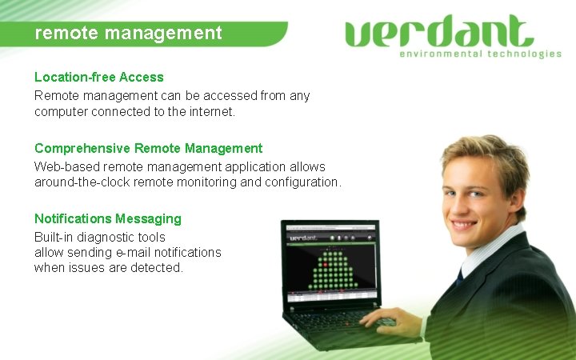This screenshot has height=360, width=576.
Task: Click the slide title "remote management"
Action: (x=128, y=34)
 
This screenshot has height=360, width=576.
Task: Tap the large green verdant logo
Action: (x=439, y=32)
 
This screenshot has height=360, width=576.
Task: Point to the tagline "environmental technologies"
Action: (x=480, y=54)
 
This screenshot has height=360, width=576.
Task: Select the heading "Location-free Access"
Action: (x=98, y=77)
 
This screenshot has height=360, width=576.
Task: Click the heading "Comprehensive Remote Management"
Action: (x=148, y=148)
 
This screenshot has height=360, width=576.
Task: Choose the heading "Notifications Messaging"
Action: (x=107, y=218)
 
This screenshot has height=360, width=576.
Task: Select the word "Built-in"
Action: (x=52, y=237)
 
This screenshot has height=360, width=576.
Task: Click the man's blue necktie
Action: (x=460, y=277)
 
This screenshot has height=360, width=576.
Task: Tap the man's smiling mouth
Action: (x=465, y=225)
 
